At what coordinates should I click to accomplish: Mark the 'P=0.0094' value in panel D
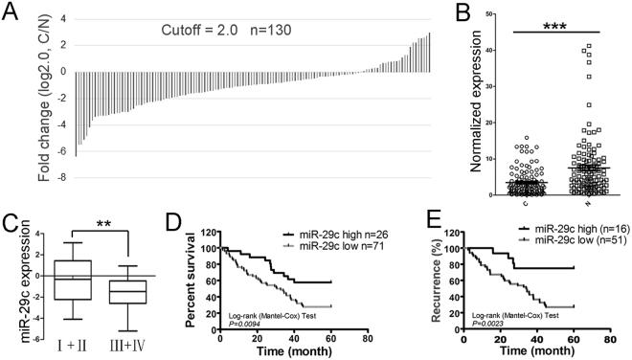[x=239, y=324]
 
